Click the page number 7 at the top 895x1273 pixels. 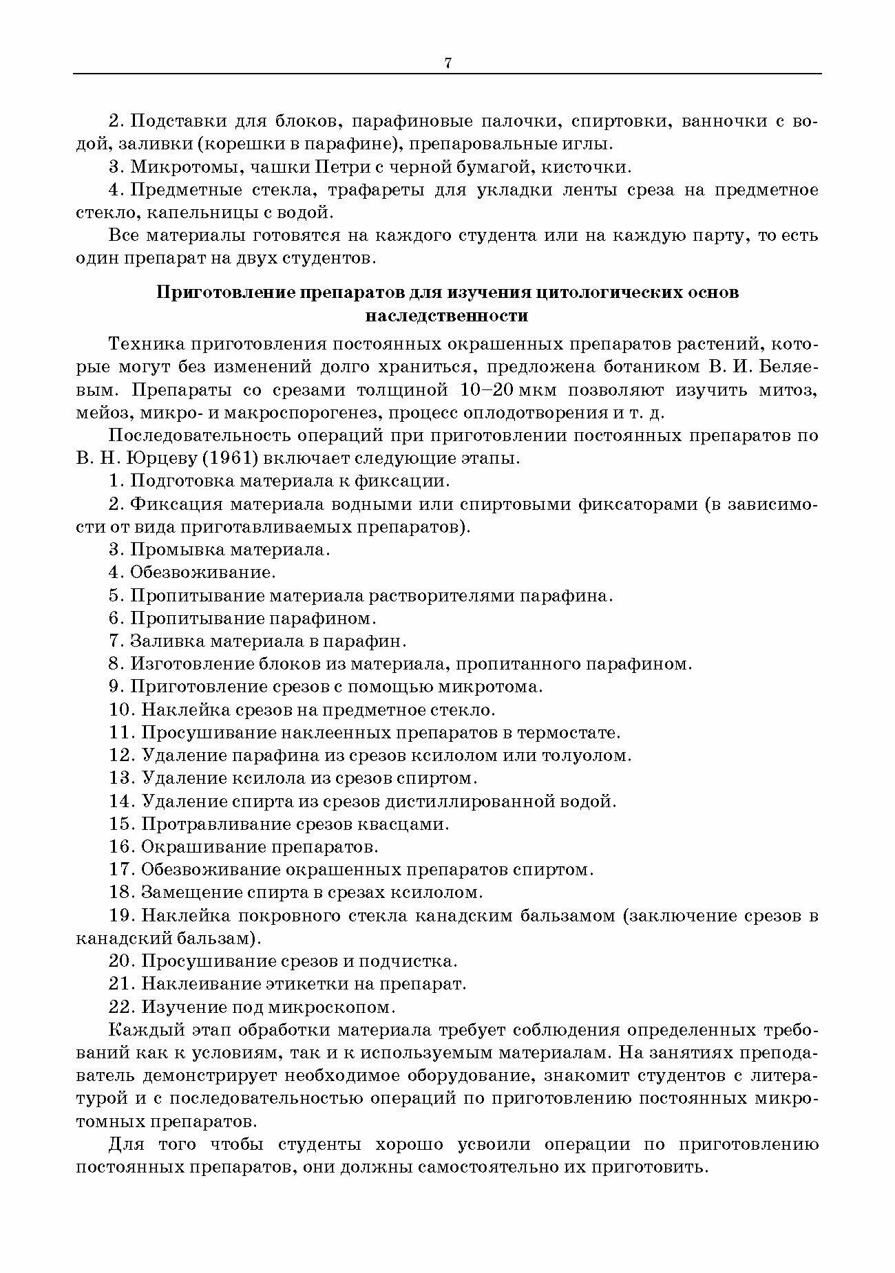[447, 63]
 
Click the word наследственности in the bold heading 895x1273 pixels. [447, 316]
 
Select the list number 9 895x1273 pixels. [115, 687]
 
